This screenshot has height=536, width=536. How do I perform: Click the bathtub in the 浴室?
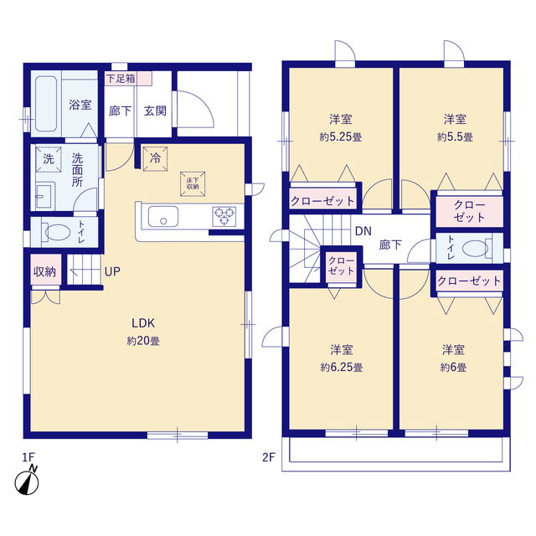[x=46, y=103]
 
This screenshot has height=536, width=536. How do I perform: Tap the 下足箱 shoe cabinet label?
[x=121, y=79]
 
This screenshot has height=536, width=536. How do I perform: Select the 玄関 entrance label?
[x=155, y=111]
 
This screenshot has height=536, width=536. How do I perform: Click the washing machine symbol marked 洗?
[x=49, y=159]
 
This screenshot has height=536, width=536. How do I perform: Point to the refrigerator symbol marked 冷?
[x=155, y=158]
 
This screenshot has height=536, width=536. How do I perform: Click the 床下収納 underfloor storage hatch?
[x=193, y=184]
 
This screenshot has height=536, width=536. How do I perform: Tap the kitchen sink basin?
[x=163, y=217]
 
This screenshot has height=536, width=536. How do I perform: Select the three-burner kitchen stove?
[x=224, y=216]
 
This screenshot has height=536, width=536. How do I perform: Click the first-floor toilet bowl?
[x=56, y=232]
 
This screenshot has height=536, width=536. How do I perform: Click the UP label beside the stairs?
[x=112, y=271]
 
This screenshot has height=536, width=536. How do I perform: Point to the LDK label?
[x=143, y=323]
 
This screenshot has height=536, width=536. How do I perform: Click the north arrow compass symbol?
[x=27, y=481]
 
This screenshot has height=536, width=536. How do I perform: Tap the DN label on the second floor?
[x=363, y=231]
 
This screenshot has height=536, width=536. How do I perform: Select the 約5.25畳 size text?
[x=341, y=137]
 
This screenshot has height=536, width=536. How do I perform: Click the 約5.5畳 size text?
[x=455, y=137]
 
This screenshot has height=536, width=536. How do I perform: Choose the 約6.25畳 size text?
[x=342, y=368]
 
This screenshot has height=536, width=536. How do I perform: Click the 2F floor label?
[x=269, y=457]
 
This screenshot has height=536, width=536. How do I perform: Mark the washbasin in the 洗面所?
[x=44, y=196]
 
